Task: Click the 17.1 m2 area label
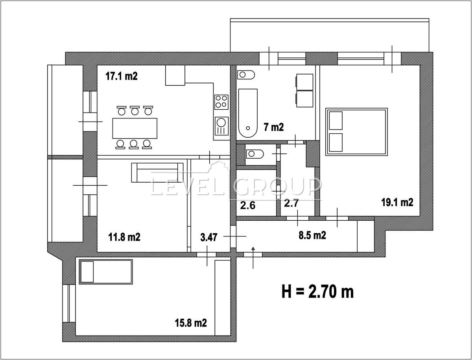coord(122,76)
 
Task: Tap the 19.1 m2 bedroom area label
coord(397,203)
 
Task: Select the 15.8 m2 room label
coord(191,323)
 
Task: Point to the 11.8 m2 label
coord(124,237)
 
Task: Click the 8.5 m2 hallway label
coord(312,236)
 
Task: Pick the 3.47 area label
coord(209,238)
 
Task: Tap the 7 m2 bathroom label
coord(274,127)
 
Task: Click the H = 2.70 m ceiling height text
coord(317,292)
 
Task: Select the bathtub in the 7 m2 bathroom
coord(248,113)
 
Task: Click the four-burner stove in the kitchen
coord(221,102)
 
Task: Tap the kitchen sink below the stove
coord(221,126)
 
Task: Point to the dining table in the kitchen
coord(135,128)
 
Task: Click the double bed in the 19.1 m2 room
coord(356,132)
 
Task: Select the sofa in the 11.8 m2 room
coord(157,173)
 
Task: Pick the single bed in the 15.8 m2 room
coord(106,272)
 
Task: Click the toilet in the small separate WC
coord(255,154)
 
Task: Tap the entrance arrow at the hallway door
coord(253,258)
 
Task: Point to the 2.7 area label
coord(291,203)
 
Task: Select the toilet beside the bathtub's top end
coord(246,75)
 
